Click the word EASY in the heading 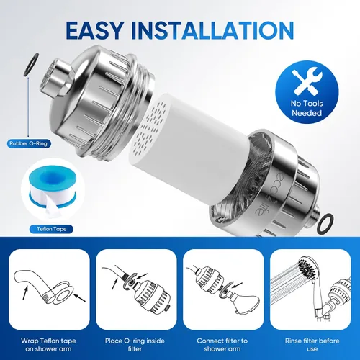coord(95,30)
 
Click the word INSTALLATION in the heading coord(212,30)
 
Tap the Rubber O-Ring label coord(29,143)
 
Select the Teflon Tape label coord(51,229)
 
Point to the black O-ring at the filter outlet coord(325,222)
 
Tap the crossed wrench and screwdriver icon coord(307,81)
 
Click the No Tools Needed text coord(307,108)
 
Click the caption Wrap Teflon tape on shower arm coord(48,345)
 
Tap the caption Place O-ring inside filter coord(135,345)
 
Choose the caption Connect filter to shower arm coord(222,345)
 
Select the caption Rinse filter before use coord(312,345)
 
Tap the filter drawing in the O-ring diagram coord(152,297)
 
